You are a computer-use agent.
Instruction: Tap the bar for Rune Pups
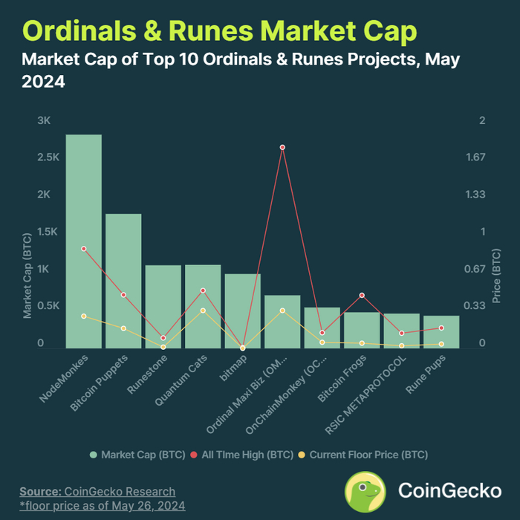(x=441, y=331)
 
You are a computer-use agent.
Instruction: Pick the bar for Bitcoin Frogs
(x=362, y=330)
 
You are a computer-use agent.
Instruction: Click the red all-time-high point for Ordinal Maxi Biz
(x=282, y=147)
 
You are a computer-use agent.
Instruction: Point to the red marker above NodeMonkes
(x=84, y=249)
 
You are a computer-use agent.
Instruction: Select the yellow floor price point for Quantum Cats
(x=203, y=311)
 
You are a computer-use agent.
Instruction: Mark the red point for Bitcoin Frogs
(x=362, y=296)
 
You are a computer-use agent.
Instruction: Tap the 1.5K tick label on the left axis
(x=44, y=232)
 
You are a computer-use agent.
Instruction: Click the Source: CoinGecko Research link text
(x=97, y=491)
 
